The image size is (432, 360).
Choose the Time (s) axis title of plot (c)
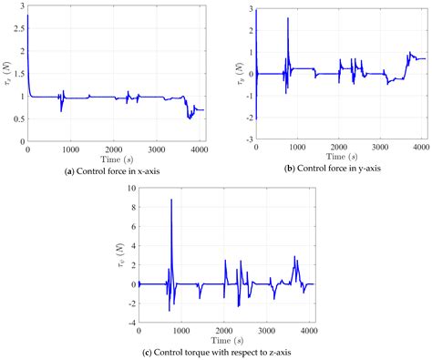pyautogui.click(x=222, y=341)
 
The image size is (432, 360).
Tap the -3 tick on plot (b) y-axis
pyautogui.click(x=246, y=139)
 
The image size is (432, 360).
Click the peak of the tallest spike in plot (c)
pyautogui.click(x=171, y=201)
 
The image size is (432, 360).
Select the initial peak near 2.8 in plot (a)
pyautogui.click(x=28, y=16)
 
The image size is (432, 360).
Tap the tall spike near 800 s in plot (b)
pyautogui.click(x=288, y=18)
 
